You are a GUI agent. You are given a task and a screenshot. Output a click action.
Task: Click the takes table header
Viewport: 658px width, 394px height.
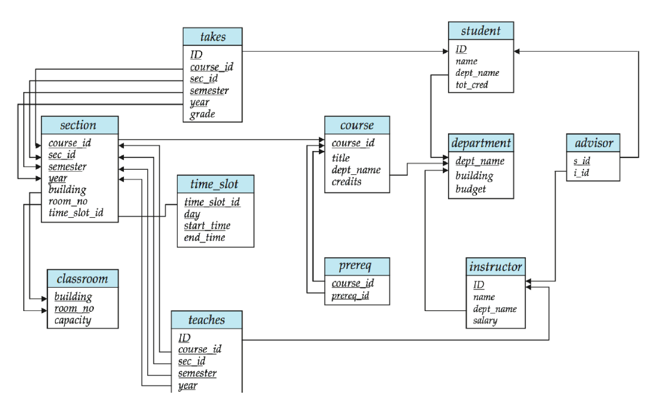click(213, 37)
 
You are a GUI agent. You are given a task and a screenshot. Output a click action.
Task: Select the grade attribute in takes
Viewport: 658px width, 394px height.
click(202, 115)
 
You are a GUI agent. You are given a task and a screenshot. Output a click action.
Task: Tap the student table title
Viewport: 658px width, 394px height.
click(480, 31)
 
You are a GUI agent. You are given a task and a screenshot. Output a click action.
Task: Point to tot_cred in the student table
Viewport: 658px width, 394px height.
click(471, 85)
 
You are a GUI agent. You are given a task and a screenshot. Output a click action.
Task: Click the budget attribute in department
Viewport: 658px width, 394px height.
click(471, 189)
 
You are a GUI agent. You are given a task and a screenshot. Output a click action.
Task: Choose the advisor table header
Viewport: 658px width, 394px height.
click(593, 143)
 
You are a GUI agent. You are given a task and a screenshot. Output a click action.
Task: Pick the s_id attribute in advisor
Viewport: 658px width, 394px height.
click(582, 161)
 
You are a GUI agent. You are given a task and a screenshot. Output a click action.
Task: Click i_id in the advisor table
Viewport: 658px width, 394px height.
click(582, 173)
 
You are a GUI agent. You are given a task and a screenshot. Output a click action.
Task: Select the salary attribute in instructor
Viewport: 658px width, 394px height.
click(485, 321)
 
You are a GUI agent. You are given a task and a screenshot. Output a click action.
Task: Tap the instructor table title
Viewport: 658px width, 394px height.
click(495, 267)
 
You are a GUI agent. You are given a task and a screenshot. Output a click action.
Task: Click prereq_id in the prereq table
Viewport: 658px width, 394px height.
click(350, 295)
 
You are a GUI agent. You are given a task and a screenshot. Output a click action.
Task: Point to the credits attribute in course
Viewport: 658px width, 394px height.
click(347, 182)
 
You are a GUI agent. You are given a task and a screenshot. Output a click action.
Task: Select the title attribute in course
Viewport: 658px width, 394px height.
click(340, 158)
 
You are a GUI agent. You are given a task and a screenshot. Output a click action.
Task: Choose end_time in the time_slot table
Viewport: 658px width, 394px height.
click(204, 238)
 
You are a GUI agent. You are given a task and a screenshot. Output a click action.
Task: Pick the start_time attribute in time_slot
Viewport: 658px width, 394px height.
click(207, 226)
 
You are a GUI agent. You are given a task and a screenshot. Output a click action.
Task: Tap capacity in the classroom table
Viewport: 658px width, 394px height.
click(73, 320)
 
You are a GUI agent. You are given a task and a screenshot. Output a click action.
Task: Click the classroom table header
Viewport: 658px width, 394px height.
click(82, 279)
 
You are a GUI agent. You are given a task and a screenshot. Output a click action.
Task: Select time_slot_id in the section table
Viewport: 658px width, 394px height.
click(75, 213)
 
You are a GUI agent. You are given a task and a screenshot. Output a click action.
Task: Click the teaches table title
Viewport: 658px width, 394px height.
click(207, 320)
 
